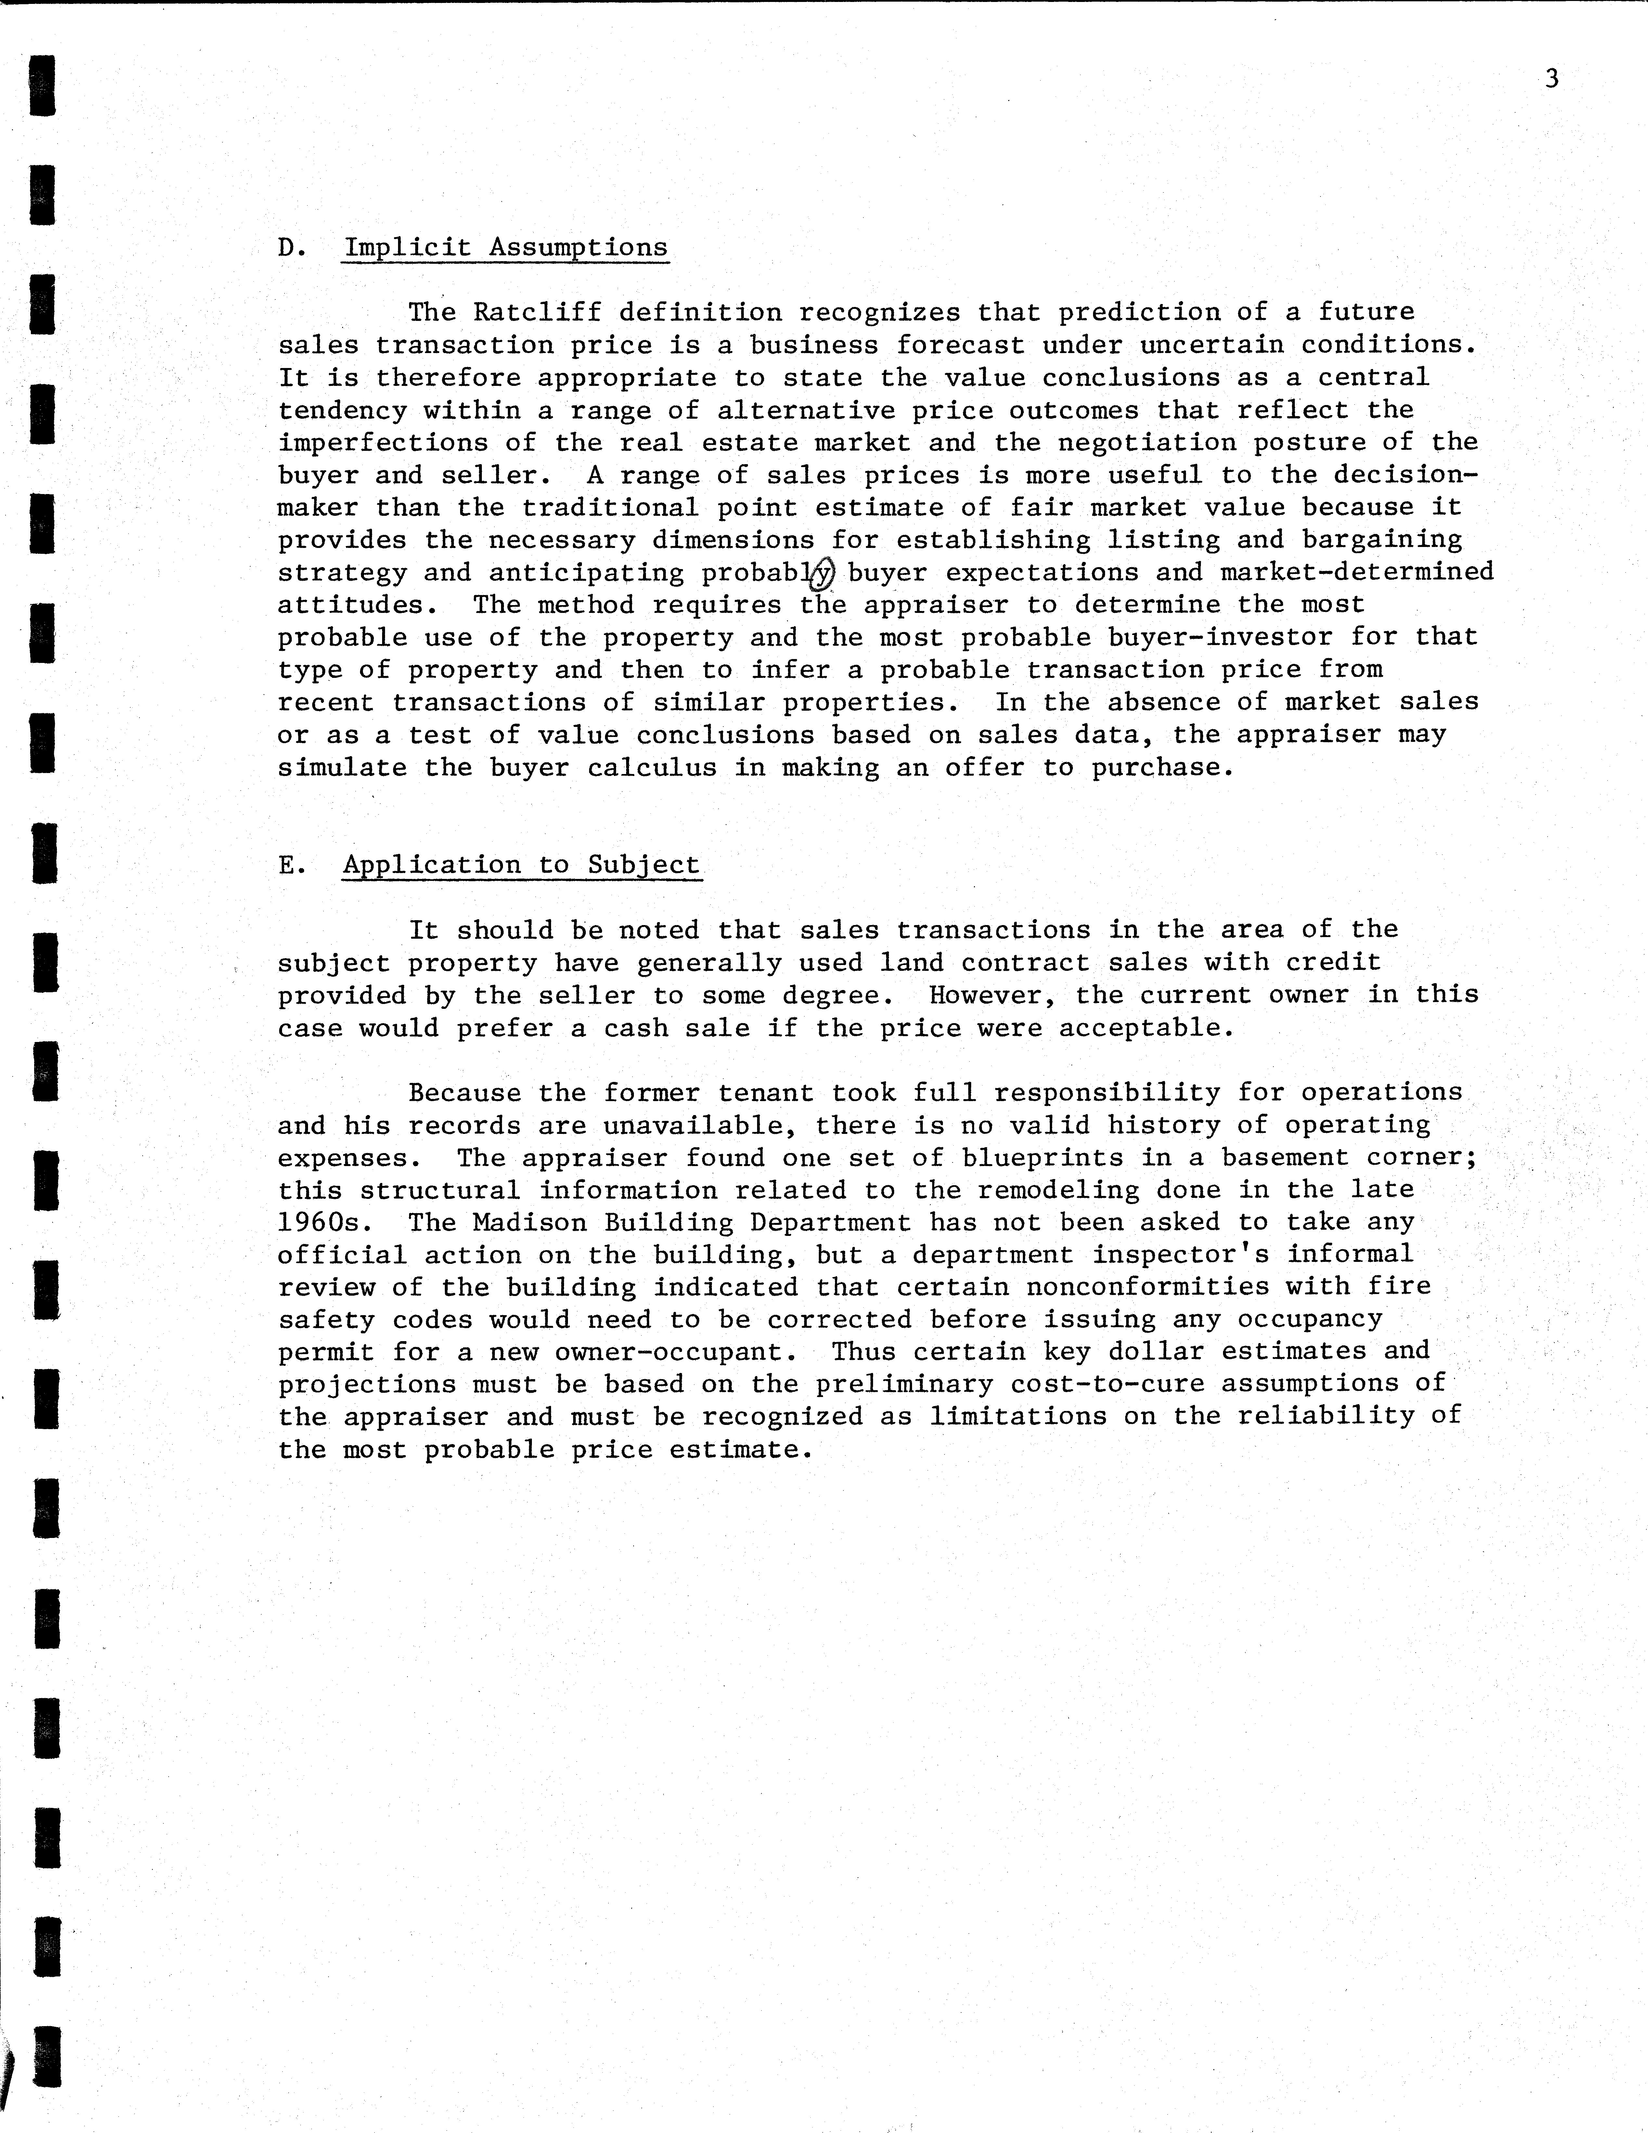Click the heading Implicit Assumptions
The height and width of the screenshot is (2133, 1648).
pos(505,248)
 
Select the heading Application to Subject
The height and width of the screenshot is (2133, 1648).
pos(521,865)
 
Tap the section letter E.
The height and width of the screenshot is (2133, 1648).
pos(289,865)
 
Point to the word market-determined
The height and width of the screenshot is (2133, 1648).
pos(1357,572)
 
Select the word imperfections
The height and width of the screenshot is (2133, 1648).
pos(383,442)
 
